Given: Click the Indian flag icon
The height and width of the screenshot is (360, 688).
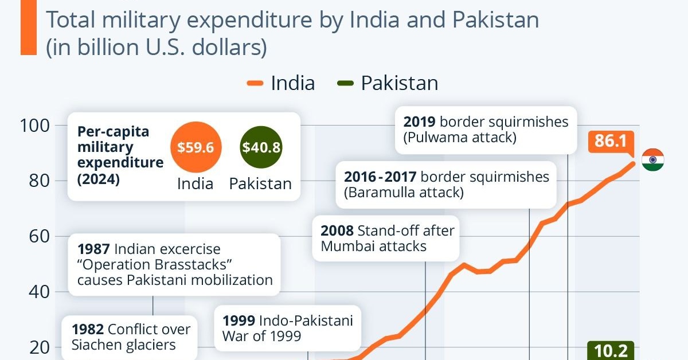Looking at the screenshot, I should (x=652, y=159).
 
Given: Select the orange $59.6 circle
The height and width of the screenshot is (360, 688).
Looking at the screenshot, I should (x=196, y=147).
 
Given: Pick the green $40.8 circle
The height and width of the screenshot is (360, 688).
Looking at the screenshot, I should (x=261, y=147).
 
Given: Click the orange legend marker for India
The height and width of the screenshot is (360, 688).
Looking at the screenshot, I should (x=255, y=83).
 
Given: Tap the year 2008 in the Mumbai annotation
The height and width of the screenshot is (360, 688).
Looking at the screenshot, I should (x=337, y=231).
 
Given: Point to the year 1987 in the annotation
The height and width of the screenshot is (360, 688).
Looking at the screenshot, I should (x=93, y=249).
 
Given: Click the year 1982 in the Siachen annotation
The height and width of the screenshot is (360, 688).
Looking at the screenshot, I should (x=88, y=330).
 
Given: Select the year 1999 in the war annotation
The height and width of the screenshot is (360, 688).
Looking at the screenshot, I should (x=239, y=320).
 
